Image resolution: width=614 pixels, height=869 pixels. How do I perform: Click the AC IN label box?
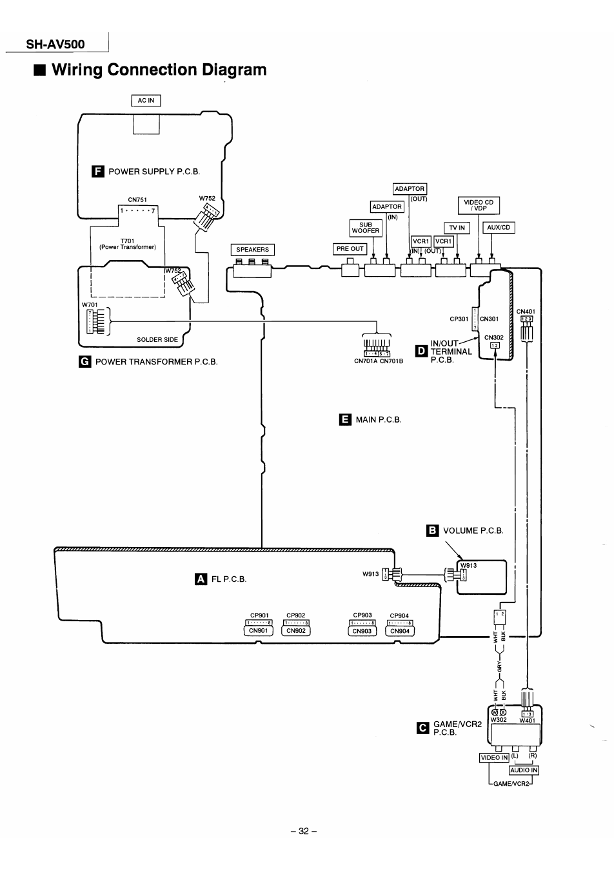(x=146, y=100)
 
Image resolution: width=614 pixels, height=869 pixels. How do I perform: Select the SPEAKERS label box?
(x=252, y=250)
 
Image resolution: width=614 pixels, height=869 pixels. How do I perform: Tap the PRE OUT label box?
(x=350, y=249)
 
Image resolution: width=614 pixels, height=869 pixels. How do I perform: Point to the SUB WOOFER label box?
(x=366, y=228)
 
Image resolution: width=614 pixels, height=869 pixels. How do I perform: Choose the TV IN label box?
(x=457, y=228)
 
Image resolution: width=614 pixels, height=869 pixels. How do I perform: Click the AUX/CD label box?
(x=499, y=228)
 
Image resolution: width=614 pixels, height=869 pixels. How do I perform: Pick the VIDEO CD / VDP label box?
(x=479, y=205)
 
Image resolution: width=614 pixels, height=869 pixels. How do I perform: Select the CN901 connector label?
(x=258, y=631)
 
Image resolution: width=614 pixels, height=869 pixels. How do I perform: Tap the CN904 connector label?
(x=400, y=631)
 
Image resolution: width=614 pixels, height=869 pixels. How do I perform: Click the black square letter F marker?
(x=98, y=171)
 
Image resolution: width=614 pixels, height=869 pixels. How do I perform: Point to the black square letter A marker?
(x=201, y=579)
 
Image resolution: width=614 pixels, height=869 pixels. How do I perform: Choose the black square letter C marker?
(x=423, y=728)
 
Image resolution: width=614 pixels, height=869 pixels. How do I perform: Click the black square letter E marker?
(x=345, y=419)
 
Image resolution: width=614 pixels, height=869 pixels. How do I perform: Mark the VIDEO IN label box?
(x=494, y=757)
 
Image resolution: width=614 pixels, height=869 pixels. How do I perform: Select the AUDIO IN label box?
(x=524, y=770)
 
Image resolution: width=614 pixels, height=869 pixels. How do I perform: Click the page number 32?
(x=304, y=831)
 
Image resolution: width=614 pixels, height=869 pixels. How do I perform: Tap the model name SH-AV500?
(x=55, y=45)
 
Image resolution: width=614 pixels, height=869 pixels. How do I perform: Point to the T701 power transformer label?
(x=127, y=244)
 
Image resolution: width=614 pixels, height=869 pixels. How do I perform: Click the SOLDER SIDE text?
(x=157, y=339)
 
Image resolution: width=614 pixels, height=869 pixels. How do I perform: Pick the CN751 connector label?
(x=137, y=200)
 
